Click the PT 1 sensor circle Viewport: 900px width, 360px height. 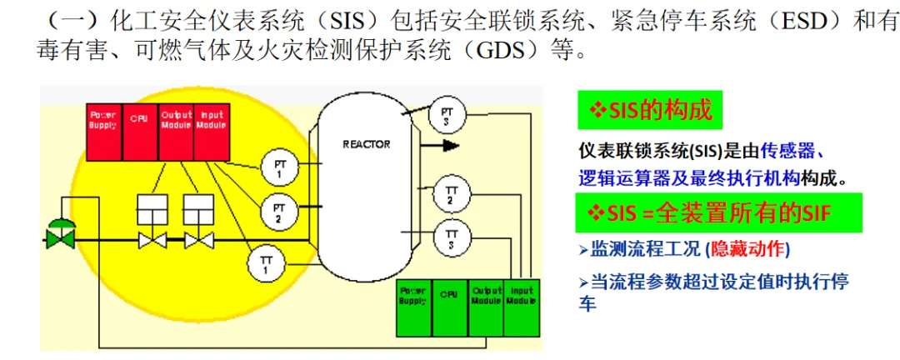click(279, 168)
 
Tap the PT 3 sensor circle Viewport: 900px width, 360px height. click(447, 114)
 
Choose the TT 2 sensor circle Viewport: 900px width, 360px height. click(451, 196)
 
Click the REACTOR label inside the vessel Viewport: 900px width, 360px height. click(366, 144)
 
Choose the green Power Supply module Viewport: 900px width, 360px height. click(413, 307)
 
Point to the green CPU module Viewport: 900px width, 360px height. click(449, 307)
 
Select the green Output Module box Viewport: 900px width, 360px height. click(486, 307)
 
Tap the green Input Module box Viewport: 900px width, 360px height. click(521, 307)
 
